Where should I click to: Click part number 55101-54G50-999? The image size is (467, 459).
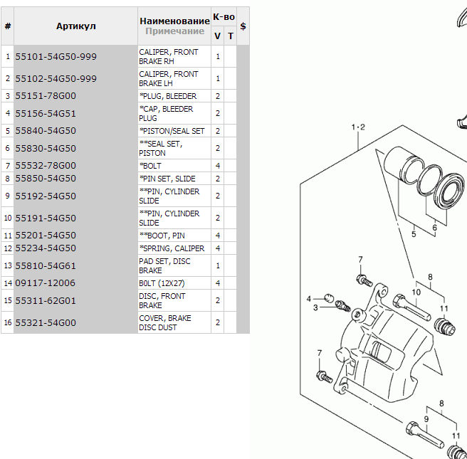point(56,57)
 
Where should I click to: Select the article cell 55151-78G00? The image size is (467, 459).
point(46,96)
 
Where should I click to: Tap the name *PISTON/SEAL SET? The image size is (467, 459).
point(172,131)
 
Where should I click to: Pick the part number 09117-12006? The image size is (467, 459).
point(46,283)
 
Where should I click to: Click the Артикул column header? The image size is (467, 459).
point(76,26)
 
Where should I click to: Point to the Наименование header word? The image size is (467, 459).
point(174,21)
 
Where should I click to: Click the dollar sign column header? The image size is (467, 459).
point(243,26)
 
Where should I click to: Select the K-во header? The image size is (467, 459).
point(224,16)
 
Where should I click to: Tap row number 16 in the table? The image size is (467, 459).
point(7,323)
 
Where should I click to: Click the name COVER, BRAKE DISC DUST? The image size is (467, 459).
point(165,323)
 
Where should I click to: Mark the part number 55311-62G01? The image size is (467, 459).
point(46,301)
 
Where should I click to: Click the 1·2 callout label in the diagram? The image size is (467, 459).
point(357,127)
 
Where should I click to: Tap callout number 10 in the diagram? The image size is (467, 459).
point(417,291)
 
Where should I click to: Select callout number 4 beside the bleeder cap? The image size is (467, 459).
point(309,297)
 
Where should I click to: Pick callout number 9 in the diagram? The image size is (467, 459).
point(426,419)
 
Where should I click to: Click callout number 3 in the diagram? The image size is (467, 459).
point(315,308)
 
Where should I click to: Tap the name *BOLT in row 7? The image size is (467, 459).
point(151,166)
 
